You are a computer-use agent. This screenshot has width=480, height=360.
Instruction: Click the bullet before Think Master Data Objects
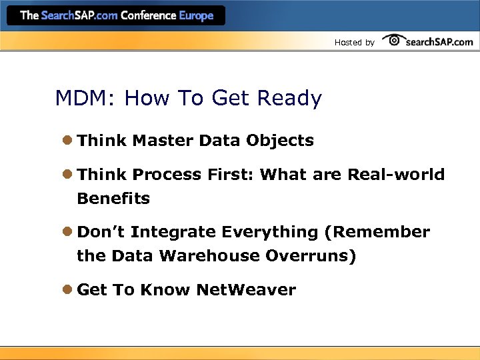(68, 141)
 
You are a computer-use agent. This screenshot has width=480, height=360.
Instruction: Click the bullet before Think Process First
(68, 175)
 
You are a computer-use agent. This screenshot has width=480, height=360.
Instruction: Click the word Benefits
(113, 199)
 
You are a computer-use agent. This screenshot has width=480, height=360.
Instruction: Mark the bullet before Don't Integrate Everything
(68, 232)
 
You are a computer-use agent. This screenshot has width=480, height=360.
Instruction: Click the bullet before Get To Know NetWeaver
(68, 290)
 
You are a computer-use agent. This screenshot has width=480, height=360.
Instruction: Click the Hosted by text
(354, 43)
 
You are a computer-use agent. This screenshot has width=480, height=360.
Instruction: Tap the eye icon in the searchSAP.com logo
(394, 41)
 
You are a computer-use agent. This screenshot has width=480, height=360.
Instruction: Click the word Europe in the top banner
(196, 15)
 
